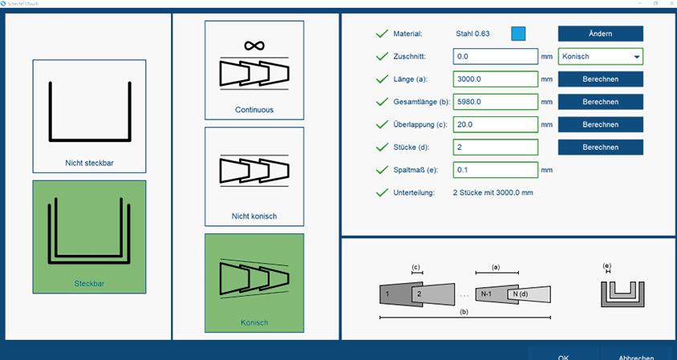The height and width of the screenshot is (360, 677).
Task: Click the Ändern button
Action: (x=600, y=34)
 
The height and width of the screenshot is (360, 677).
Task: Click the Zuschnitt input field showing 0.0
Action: (x=495, y=57)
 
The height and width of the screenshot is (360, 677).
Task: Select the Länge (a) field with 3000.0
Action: (x=495, y=79)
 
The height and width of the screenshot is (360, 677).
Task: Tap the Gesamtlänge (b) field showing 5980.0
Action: (x=495, y=102)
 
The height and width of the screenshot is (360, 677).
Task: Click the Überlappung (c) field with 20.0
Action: (x=495, y=124)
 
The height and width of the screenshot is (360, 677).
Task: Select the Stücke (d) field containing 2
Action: (x=495, y=148)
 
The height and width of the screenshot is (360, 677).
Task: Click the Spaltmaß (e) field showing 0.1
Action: (x=495, y=170)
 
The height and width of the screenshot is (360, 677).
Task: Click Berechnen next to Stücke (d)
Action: (x=600, y=148)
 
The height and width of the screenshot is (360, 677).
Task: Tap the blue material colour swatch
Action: (x=518, y=34)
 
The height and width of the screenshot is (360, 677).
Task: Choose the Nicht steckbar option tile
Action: (x=89, y=115)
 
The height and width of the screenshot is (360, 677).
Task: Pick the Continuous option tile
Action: (x=254, y=70)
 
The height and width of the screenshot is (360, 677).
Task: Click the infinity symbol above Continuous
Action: (x=254, y=45)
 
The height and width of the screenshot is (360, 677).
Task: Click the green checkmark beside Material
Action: (x=382, y=34)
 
